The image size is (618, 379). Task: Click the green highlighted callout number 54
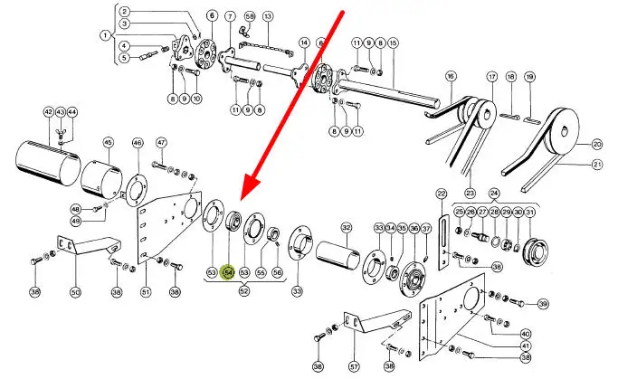tap(229, 271)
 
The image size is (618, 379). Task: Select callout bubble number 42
tap(49, 112)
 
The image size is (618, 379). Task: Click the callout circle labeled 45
tap(108, 142)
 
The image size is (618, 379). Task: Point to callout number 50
tap(75, 292)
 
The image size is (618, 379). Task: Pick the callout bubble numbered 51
tap(146, 292)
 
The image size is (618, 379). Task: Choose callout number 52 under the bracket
tap(244, 291)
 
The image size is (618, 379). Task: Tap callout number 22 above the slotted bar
tap(442, 193)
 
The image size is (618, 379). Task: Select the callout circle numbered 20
tap(597, 144)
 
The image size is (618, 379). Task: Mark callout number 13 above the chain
tap(267, 17)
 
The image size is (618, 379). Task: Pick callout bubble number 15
tap(392, 43)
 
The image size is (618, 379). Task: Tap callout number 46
tap(138, 142)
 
